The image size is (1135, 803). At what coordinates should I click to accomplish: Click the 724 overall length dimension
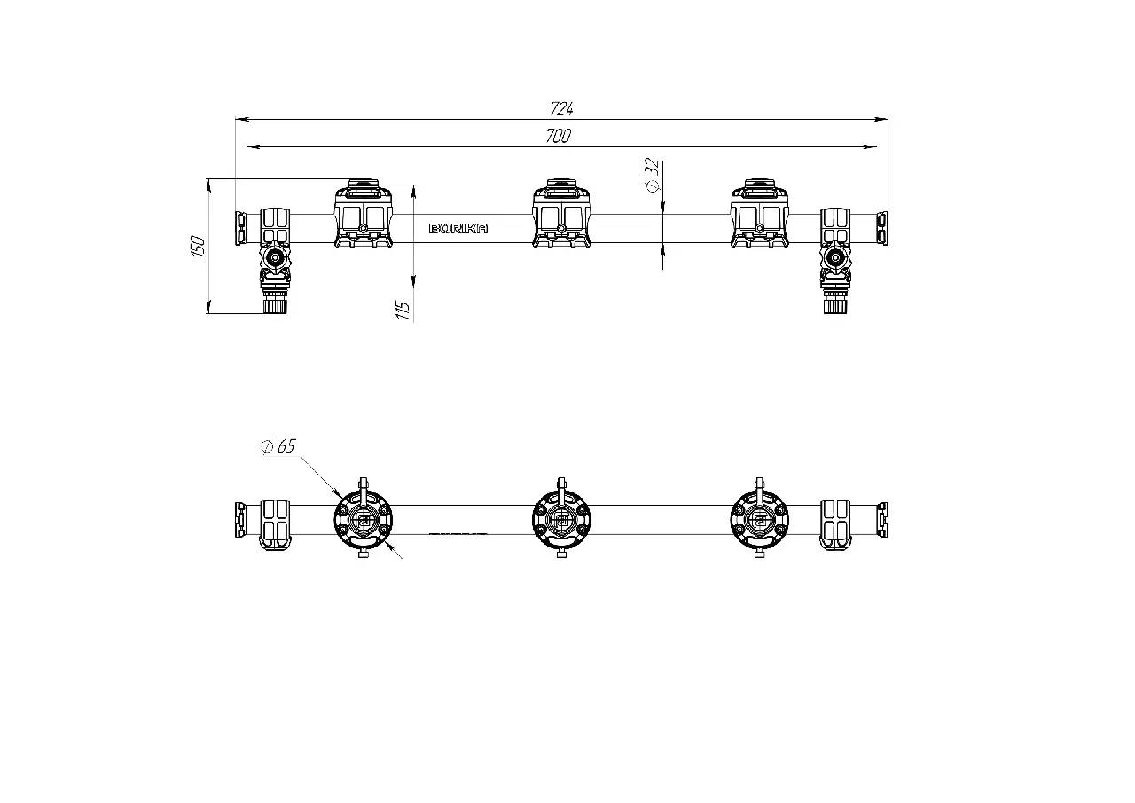tap(561, 108)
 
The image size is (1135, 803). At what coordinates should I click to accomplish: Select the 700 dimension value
tap(559, 136)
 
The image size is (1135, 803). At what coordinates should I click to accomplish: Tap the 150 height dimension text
tap(198, 246)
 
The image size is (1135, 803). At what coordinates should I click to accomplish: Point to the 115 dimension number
tap(403, 310)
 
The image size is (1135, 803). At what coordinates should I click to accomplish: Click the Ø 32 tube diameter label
tap(654, 175)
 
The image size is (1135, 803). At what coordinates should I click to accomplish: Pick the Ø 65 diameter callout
tap(278, 446)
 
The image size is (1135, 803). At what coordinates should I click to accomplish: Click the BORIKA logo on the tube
tap(458, 229)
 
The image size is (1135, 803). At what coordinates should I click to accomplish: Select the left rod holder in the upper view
tap(364, 213)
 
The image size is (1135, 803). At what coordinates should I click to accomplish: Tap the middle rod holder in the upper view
tap(561, 213)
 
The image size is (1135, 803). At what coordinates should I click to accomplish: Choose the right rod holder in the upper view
tap(760, 213)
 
